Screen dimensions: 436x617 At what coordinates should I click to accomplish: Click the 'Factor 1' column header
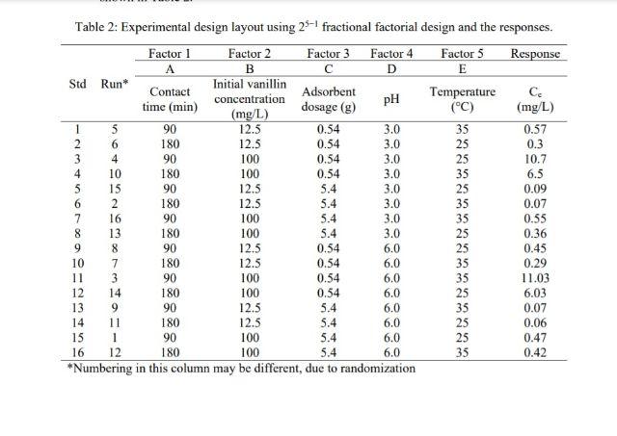tap(169, 53)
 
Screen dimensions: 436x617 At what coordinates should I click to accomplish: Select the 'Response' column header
tap(536, 53)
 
